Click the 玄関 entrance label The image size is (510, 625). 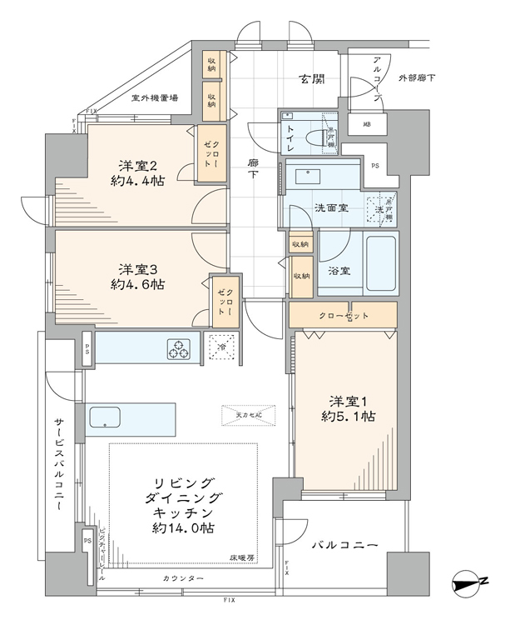tap(313, 80)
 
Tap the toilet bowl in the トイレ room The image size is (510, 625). tap(319, 136)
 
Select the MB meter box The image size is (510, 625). tap(367, 125)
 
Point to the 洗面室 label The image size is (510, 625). tap(309, 207)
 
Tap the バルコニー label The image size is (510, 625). tap(345, 546)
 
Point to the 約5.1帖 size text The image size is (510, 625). tap(343, 414)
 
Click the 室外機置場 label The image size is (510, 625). tap(155, 98)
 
